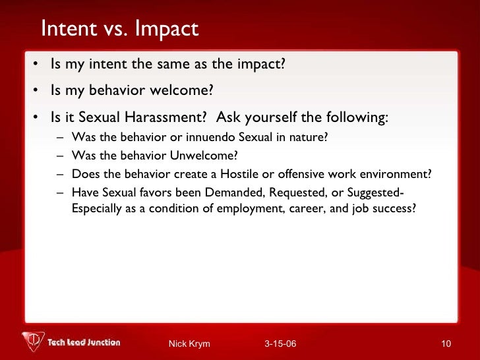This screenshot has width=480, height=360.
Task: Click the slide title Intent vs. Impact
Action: (x=119, y=29)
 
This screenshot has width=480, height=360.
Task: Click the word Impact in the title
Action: (x=165, y=29)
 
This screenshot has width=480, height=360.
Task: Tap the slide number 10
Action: (x=446, y=344)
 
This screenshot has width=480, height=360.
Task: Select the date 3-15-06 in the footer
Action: (x=280, y=344)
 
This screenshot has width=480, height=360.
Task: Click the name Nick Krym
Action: (x=189, y=344)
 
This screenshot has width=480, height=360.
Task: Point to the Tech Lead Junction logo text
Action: (x=84, y=342)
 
